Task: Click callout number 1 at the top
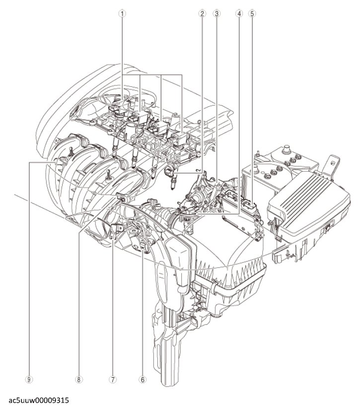click(x=123, y=13)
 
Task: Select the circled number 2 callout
click(x=202, y=13)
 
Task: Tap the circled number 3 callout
click(x=216, y=13)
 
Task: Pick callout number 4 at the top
click(x=239, y=13)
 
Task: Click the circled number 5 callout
click(x=252, y=13)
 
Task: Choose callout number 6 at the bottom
click(x=143, y=379)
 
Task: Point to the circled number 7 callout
click(x=112, y=379)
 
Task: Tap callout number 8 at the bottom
click(x=78, y=379)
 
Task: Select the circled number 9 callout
click(x=29, y=379)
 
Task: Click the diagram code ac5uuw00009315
click(x=39, y=401)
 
